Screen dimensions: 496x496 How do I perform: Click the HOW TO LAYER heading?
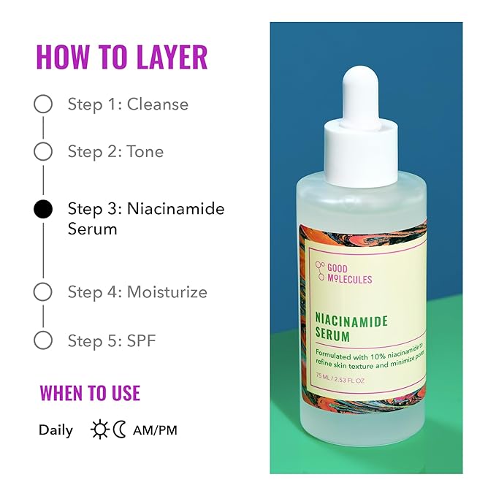pos(122,57)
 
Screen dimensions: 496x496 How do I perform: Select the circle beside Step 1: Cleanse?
pos(43,104)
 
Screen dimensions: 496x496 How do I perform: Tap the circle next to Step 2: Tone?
pos(43,151)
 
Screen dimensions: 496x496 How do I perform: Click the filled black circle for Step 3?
pos(43,210)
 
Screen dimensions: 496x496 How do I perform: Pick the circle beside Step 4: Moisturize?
pos(43,292)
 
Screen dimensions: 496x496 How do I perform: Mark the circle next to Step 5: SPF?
pos(43,340)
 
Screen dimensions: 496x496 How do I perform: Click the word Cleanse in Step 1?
pos(158,104)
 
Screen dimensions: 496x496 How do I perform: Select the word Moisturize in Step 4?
pos(167,292)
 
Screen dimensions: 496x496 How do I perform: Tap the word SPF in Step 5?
pos(142,340)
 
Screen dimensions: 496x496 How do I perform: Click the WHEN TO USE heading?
pos(90,393)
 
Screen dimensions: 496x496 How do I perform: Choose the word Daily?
pos(56,430)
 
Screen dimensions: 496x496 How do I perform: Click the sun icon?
pos(99,430)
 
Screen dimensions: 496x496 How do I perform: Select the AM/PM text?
pos(155,430)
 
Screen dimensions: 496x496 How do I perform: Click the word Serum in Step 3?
pos(93,229)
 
